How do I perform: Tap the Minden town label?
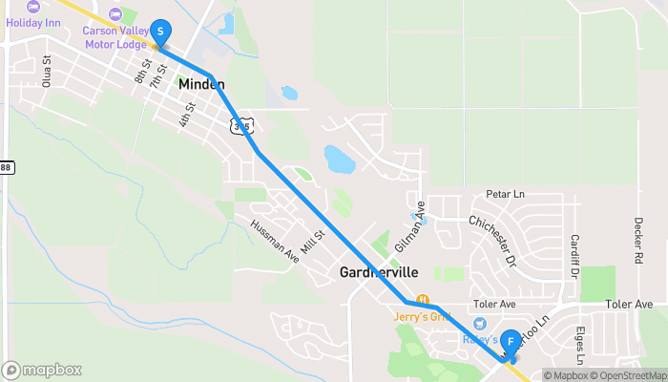(201, 85)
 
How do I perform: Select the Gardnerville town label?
(379, 272)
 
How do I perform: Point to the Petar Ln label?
(505, 195)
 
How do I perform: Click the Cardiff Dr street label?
(575, 255)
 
